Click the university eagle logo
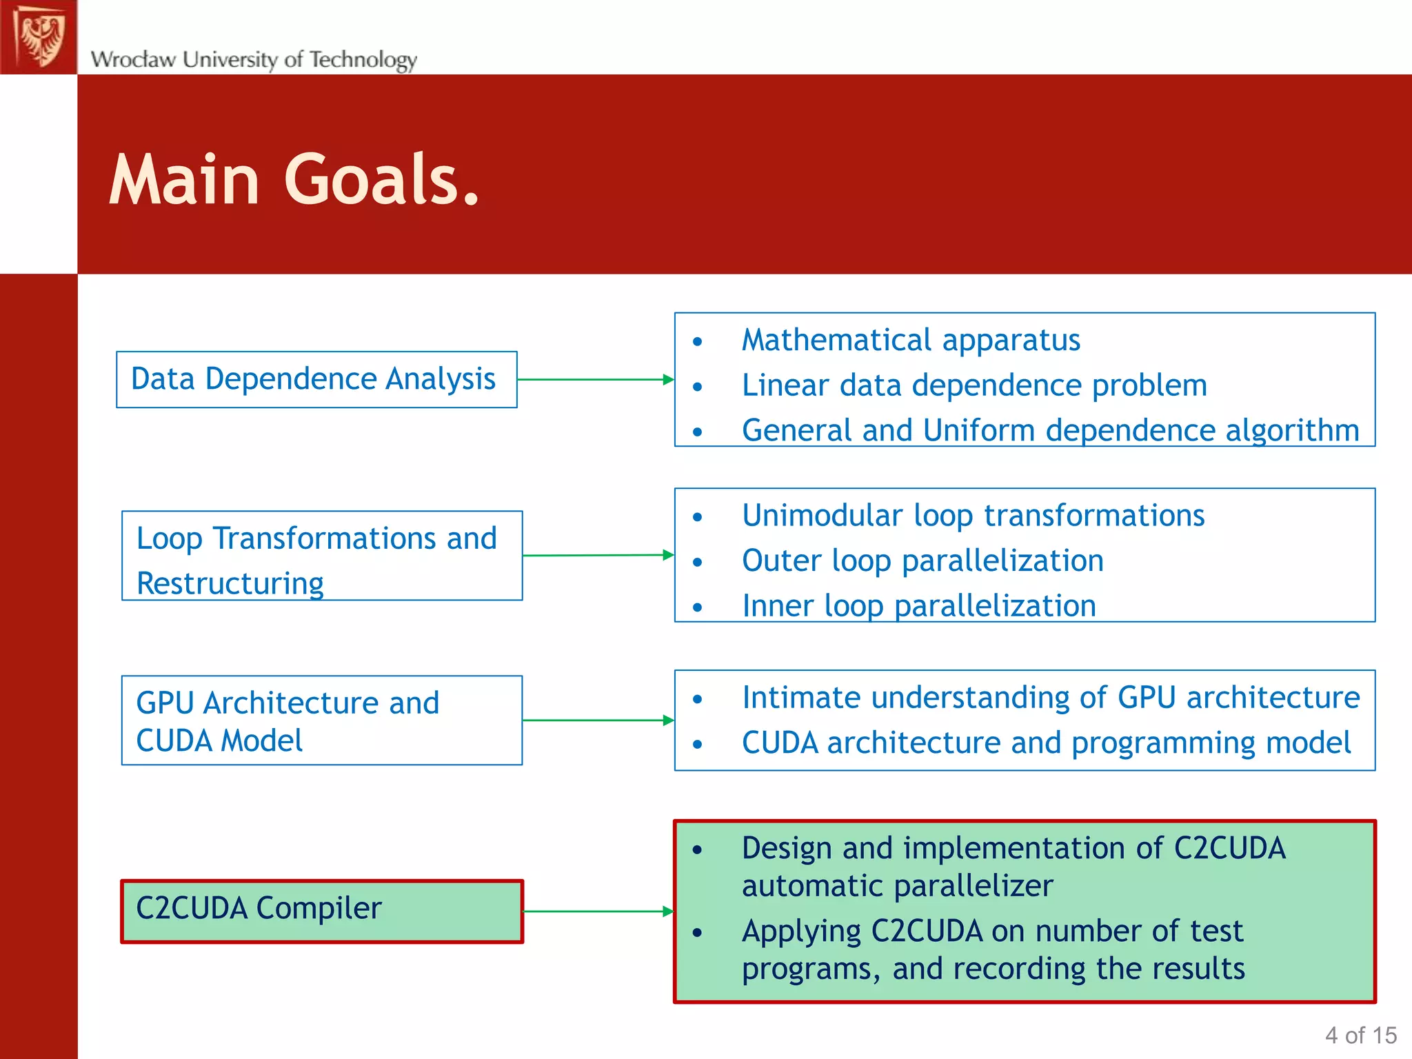pos(39,37)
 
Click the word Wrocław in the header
pos(133,59)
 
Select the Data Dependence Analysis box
pos(316,379)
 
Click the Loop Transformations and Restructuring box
pos(322,556)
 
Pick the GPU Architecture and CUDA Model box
pos(322,720)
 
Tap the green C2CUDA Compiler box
pos(322,911)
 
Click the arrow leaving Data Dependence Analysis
pos(595,379)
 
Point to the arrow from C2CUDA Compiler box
pos(598,911)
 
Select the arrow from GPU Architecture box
pos(598,720)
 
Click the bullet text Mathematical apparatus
pos(911,340)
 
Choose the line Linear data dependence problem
pos(974,385)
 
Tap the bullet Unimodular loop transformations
pos(973,516)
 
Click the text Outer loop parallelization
pos(922,561)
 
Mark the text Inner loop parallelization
pos(918,606)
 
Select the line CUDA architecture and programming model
pos(1046,743)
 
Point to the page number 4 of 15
pos(1360,1035)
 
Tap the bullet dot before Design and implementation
pos(698,850)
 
